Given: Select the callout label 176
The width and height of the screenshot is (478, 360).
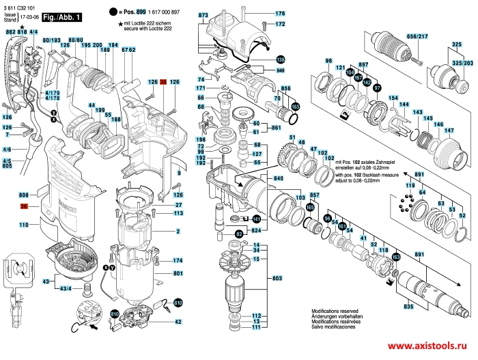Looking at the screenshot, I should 280,14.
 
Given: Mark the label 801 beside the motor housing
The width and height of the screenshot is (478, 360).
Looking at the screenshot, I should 178,273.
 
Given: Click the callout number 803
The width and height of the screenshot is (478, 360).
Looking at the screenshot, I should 277,280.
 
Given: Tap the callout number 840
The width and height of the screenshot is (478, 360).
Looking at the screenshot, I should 279,178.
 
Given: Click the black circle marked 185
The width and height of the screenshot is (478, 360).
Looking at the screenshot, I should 296,107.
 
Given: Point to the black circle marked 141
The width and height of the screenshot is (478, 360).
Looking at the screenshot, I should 256,219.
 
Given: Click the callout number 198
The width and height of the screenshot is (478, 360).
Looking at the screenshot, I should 201,138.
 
